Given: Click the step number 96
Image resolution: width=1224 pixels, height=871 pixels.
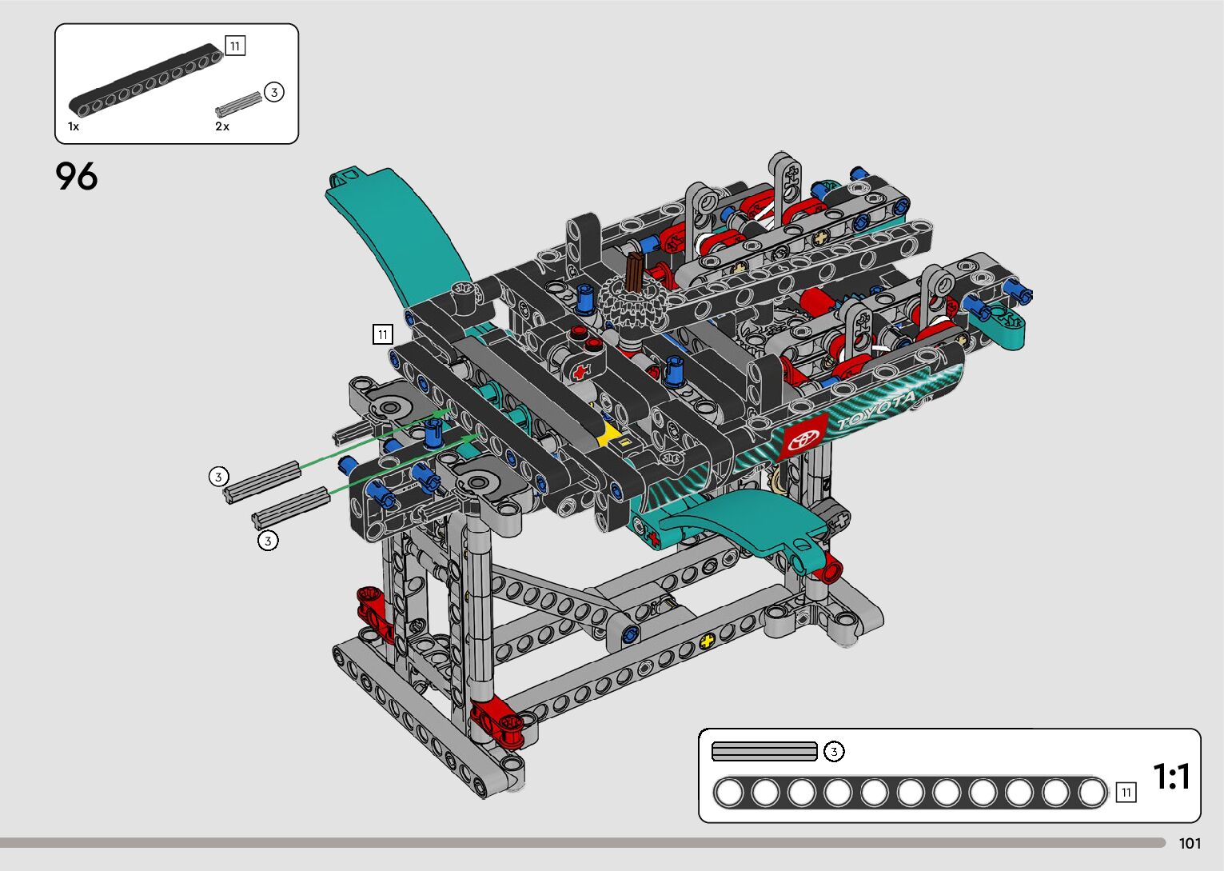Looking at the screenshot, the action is pyautogui.click(x=77, y=176).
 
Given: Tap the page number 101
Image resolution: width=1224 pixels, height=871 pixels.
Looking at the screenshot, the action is pyautogui.click(x=1190, y=843).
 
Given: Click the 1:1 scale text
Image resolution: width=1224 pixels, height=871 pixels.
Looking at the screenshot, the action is pyautogui.click(x=1171, y=776).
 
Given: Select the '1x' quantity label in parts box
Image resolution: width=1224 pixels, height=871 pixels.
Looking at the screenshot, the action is pyautogui.click(x=74, y=126).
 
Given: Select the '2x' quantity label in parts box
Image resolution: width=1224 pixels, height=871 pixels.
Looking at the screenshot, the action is pyautogui.click(x=221, y=126).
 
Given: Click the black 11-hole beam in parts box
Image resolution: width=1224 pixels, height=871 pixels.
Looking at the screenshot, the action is pyautogui.click(x=146, y=80).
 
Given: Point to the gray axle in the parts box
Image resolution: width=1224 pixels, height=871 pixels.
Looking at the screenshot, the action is pyautogui.click(x=238, y=104).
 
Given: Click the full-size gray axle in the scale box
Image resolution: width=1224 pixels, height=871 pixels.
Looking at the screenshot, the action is pyautogui.click(x=764, y=751).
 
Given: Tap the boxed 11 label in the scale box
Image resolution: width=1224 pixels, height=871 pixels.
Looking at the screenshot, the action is pyautogui.click(x=1126, y=793).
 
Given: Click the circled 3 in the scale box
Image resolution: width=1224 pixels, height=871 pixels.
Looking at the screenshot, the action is pyautogui.click(x=834, y=752).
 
